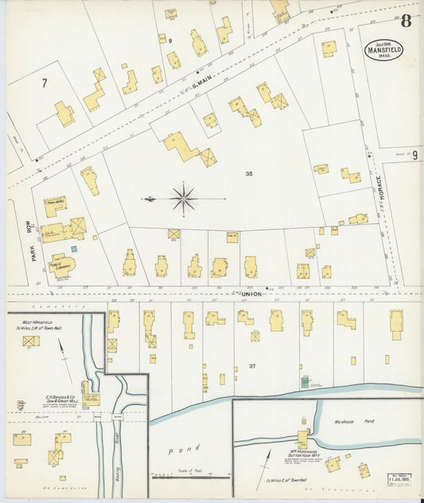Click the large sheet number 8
[406, 21]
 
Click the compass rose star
[184, 197]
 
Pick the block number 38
[249, 174]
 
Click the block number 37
[252, 365]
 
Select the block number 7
[45, 82]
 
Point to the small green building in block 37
[304, 382]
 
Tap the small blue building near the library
[74, 248]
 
